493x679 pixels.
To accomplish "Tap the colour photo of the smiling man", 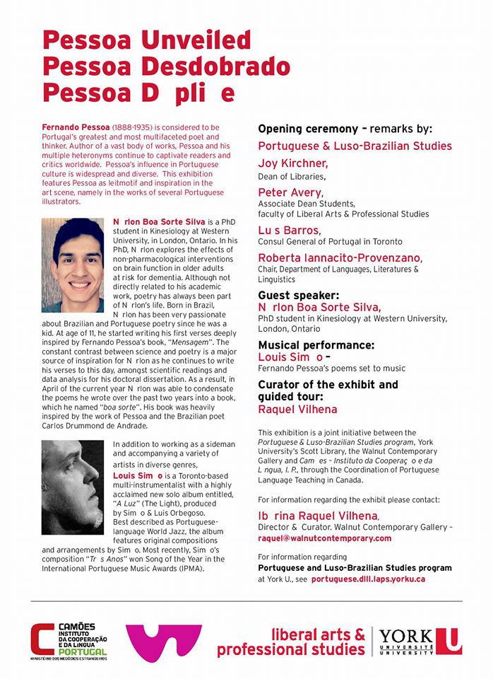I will point(73,255).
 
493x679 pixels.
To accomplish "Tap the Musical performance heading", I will point(316,345).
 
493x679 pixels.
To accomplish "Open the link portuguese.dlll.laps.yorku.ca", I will point(368,579).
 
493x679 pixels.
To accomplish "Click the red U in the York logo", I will point(449,641).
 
